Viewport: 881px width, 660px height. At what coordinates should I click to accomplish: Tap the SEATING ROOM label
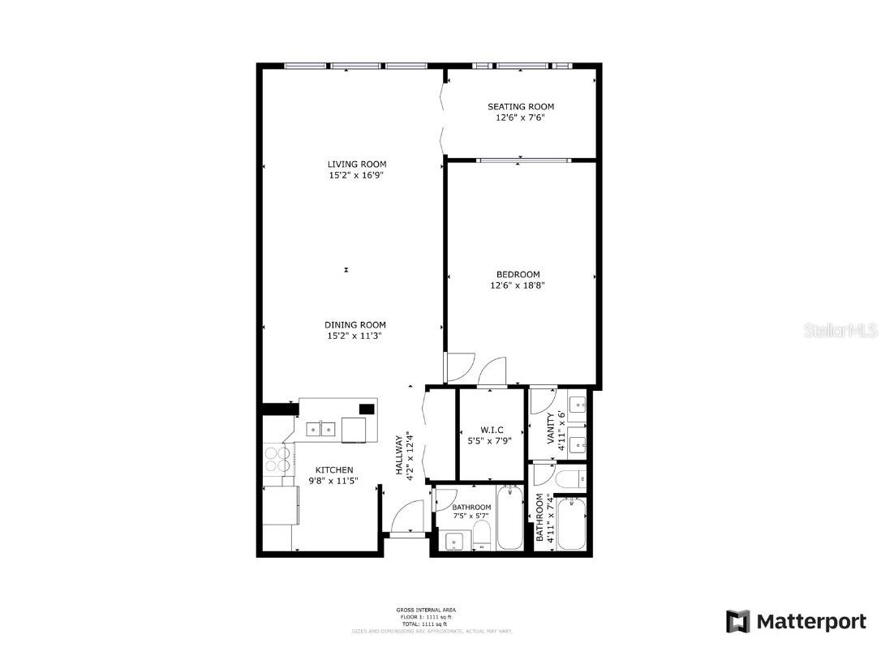520,106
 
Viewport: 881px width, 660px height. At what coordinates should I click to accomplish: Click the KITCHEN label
333,470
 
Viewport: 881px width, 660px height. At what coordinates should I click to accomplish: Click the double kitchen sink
320,429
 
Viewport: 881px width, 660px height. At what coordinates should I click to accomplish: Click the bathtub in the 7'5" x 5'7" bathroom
510,517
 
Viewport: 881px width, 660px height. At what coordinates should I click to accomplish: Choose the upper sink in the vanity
577,404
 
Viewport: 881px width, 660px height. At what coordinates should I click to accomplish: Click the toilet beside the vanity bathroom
569,478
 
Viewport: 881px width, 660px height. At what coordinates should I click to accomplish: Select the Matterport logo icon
738,622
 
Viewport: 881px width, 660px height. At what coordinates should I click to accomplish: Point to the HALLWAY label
399,456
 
